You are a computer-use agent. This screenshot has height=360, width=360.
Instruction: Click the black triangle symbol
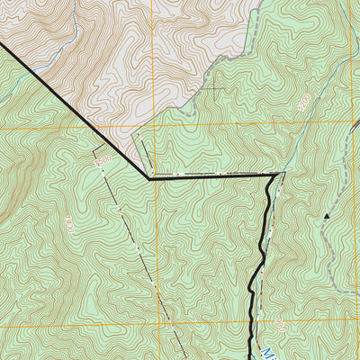tap(327, 216)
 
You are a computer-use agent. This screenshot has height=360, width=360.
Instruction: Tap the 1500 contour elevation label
tap(102, 159)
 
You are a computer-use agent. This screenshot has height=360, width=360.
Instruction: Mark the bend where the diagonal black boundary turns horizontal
tap(149, 178)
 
